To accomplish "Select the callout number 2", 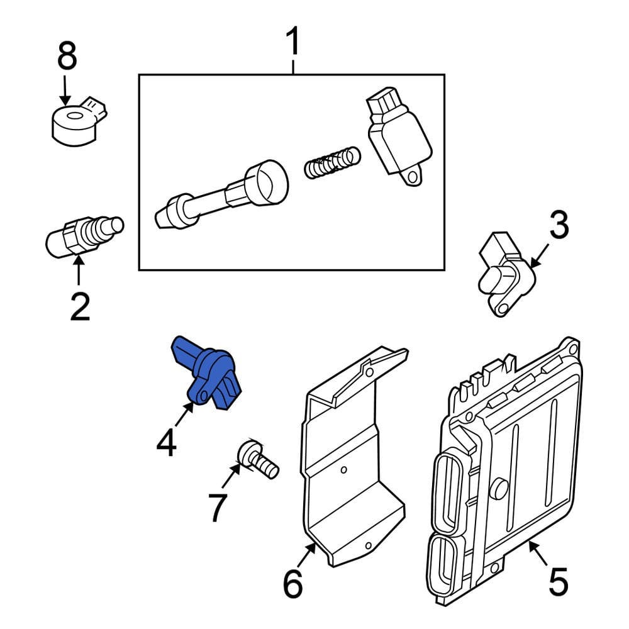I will (x=79, y=306).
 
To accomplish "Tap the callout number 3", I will (x=559, y=226).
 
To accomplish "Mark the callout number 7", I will (x=217, y=508).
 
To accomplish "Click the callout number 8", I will (x=67, y=57).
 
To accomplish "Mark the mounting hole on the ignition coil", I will (x=412, y=177).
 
